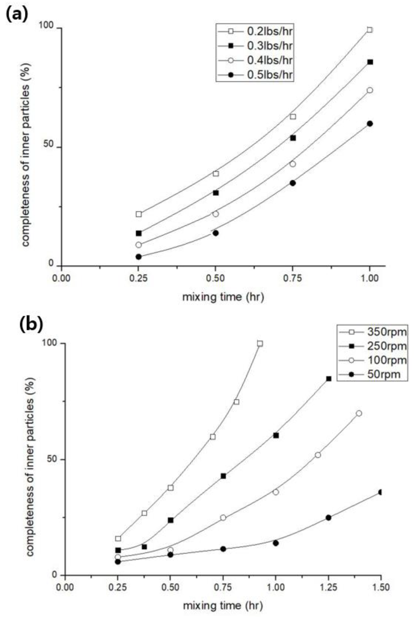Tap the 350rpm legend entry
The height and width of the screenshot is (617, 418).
pos(386,332)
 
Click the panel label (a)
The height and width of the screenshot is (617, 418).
pos(16,15)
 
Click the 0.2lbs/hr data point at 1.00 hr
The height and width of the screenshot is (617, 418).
pos(369,30)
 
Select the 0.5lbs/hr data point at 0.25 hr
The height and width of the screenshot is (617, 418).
pos(138,257)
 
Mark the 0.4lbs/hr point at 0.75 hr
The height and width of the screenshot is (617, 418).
pos(293,164)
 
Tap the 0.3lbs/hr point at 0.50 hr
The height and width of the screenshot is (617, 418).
pos(216,193)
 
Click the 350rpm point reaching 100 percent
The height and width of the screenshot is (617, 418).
pos(260,344)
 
